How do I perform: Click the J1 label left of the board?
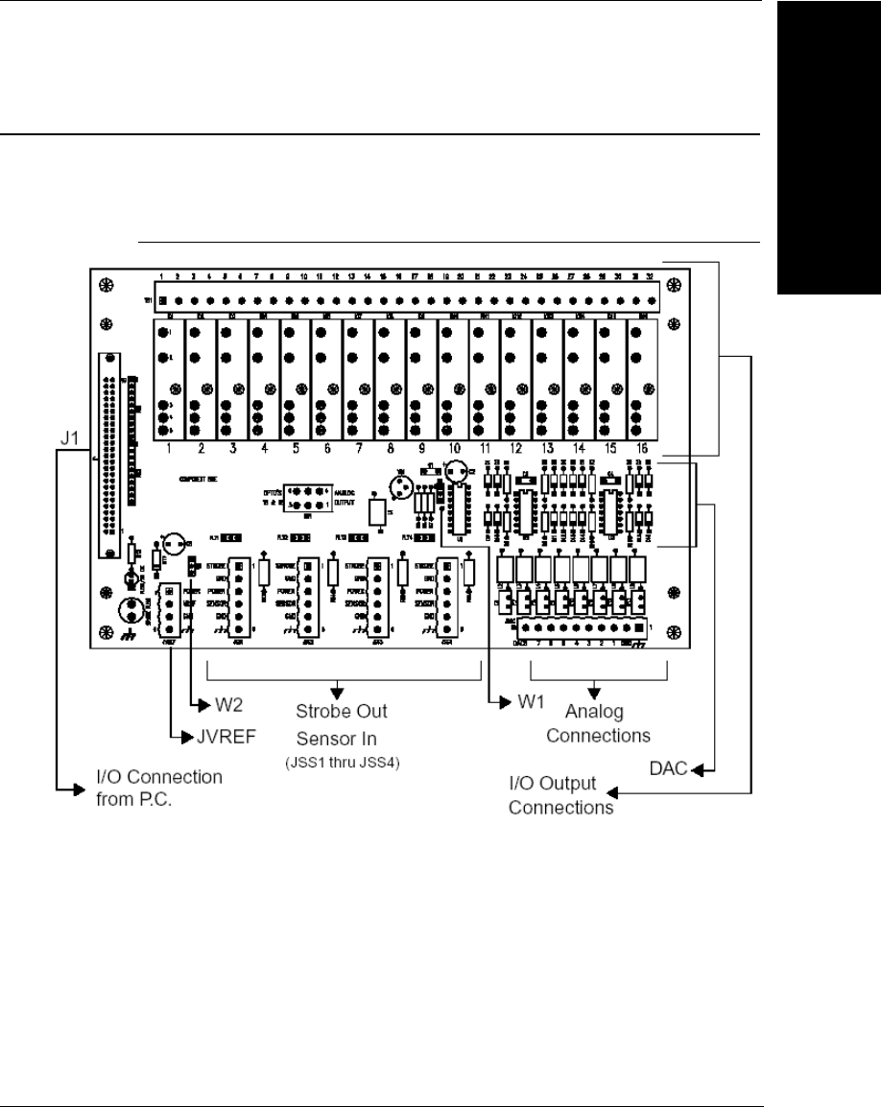[x=68, y=443]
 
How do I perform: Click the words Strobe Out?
[x=339, y=714]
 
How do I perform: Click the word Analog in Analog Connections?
[x=595, y=714]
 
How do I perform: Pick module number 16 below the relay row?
[x=642, y=448]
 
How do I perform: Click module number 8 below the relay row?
[x=391, y=448]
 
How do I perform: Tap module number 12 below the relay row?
[x=516, y=448]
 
